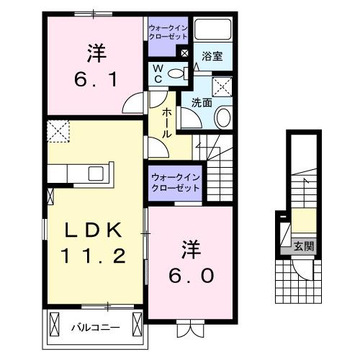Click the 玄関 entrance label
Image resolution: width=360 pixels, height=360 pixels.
pos(303,246)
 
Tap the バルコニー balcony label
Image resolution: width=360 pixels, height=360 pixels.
pos(94,328)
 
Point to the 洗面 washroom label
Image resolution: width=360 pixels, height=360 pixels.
pos(202,102)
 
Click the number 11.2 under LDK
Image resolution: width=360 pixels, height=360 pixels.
pos(94,255)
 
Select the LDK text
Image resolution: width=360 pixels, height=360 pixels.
pos(94,230)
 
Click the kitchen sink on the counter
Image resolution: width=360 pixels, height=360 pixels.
pos(95,174)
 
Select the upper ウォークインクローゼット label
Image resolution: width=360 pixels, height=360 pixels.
pos(168,32)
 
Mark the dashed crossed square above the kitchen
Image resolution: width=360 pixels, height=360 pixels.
pos(57,132)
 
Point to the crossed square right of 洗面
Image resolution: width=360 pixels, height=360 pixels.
pos(223,88)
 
